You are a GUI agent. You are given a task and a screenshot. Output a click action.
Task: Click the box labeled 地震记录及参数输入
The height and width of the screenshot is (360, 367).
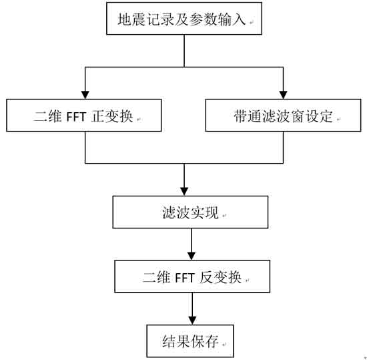(x=184, y=19)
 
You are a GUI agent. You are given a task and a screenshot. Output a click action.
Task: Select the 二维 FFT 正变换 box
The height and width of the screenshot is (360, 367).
(x=84, y=116)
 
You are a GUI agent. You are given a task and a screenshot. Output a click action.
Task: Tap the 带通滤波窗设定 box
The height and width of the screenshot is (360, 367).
(x=283, y=116)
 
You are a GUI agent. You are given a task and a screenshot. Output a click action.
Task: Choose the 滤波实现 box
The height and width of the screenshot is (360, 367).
(x=190, y=212)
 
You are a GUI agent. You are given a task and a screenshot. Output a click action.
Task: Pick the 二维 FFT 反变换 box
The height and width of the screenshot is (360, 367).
(x=192, y=277)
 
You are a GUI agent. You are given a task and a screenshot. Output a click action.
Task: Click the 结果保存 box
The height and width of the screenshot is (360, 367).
(x=190, y=341)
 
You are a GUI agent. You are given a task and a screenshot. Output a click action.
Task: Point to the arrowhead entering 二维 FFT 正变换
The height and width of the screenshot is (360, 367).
(x=85, y=95)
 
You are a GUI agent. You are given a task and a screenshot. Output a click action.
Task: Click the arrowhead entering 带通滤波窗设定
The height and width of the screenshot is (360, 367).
(x=283, y=95)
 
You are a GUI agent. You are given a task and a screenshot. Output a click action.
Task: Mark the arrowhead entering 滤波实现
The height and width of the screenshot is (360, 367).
(x=184, y=192)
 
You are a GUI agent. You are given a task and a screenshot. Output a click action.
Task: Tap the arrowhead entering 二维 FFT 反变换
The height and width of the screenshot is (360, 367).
(x=192, y=256)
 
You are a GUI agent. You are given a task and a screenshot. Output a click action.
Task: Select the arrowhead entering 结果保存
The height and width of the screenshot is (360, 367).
(x=192, y=321)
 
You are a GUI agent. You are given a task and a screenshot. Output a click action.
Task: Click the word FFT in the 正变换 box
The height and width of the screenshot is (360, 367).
(x=77, y=117)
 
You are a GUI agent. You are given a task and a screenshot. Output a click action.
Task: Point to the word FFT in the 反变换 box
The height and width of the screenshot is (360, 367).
(x=185, y=278)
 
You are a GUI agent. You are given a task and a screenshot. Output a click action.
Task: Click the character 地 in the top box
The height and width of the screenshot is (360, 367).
(x=124, y=19)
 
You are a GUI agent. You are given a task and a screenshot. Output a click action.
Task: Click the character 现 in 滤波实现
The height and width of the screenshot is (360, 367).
(x=212, y=212)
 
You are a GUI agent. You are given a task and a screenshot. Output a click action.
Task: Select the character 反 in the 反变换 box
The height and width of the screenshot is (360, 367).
(x=206, y=277)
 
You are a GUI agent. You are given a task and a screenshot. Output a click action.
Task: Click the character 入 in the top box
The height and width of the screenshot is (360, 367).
(x=239, y=19)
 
